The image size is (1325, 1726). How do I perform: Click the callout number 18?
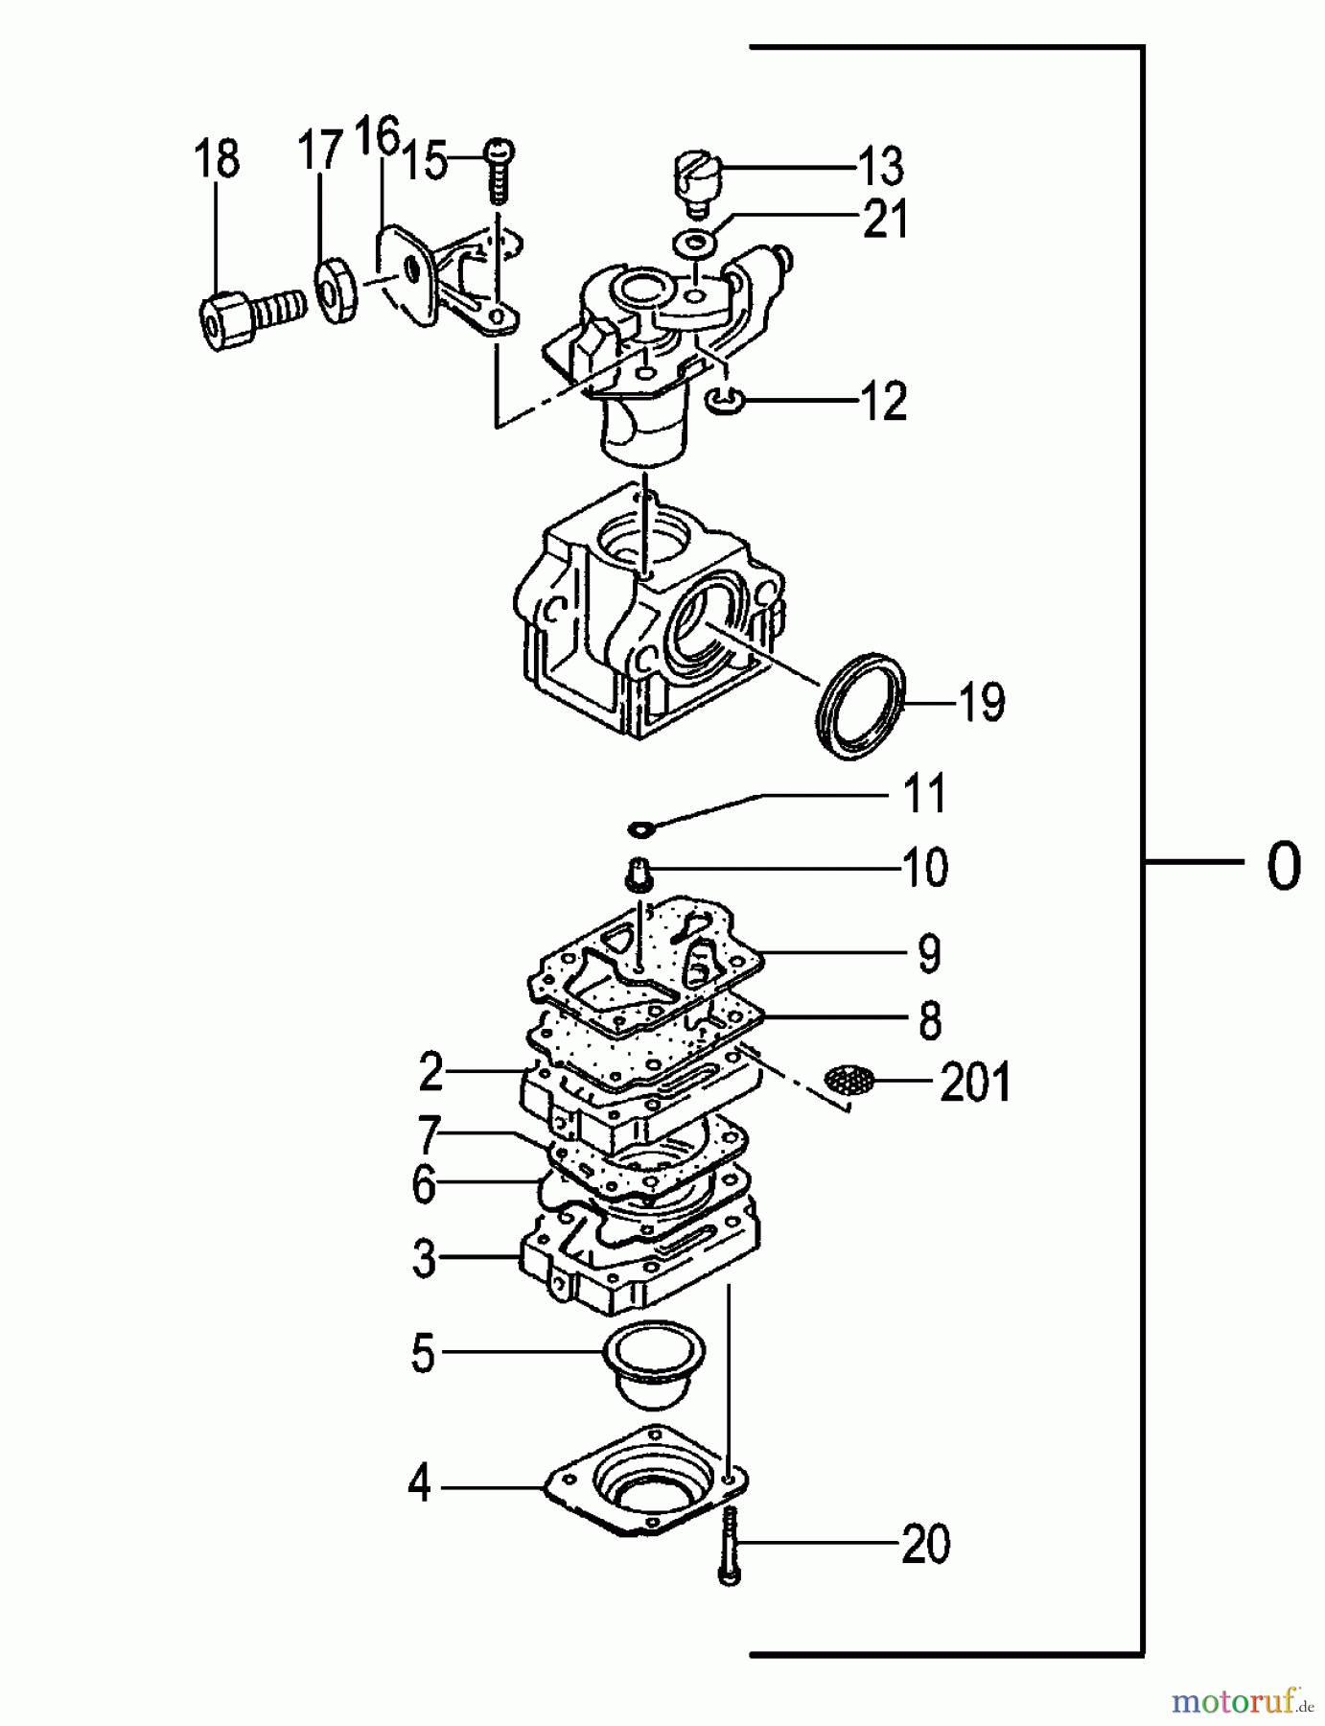(217, 159)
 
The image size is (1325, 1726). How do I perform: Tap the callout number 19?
(982, 703)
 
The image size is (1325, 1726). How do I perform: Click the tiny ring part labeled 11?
(639, 827)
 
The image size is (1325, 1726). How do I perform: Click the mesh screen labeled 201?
(849, 1081)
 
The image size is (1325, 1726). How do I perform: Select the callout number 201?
(975, 1084)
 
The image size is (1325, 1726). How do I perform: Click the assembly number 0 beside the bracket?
(1284, 866)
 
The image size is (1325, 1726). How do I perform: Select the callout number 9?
(929, 953)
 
